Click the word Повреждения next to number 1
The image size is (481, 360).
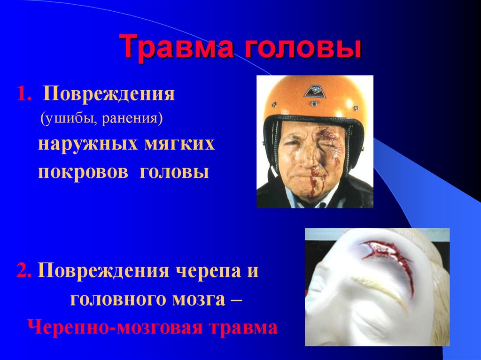[109, 94]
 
